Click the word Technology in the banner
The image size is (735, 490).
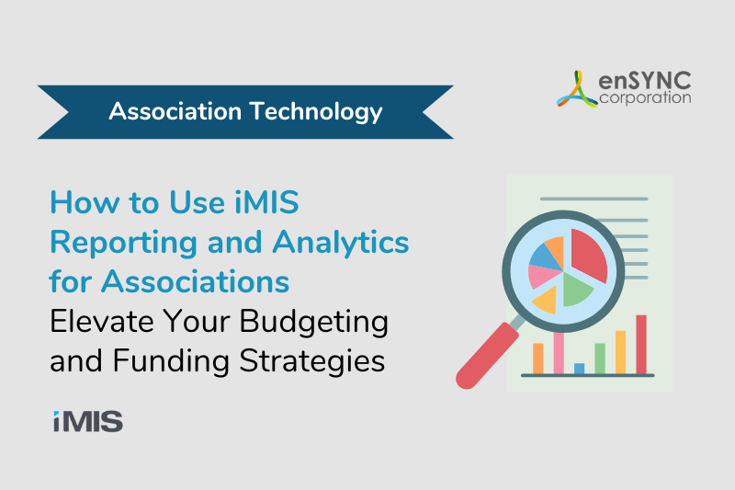pos(316,112)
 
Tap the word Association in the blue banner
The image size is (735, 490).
pos(175,111)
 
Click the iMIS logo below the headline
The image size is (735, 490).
pos(88,421)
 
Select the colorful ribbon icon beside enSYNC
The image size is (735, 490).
pos(577,89)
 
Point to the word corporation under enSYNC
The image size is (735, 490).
pos(645,98)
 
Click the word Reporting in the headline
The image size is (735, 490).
pos(124,243)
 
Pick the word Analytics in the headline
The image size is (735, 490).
pos(341,243)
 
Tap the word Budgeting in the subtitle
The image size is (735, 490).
pos(313,323)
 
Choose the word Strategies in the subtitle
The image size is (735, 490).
pos(312,361)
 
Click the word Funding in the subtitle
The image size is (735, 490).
pos(171,361)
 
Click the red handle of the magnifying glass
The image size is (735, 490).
pos(488,356)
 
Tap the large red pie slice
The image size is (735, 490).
pos(588,254)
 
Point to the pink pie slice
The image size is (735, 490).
pos(544,277)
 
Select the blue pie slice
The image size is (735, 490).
pos(545,258)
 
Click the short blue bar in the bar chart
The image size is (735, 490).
pos(580,369)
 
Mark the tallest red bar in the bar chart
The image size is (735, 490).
pos(641,345)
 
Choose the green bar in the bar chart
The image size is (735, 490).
pos(600,359)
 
